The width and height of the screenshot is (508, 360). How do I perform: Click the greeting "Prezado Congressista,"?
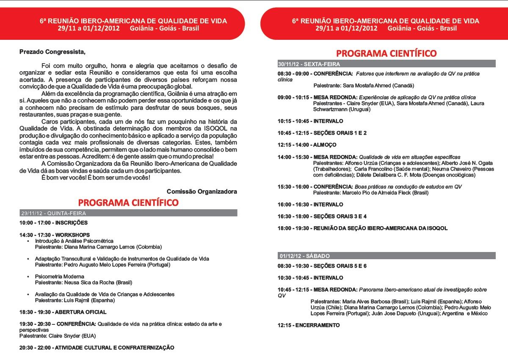pos(52,52)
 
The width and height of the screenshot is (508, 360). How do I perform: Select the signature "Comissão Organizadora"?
pos(202,191)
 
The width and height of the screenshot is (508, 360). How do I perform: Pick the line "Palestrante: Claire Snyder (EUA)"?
pos(58,336)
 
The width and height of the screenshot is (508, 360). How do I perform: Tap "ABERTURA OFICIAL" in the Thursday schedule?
pos(81,312)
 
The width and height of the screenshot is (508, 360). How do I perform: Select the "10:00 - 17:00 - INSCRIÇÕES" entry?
pos(53,223)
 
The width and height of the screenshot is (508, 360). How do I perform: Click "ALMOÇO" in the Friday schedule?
pos(325,144)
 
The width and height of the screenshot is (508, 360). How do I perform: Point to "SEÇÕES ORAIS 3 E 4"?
pos(340,216)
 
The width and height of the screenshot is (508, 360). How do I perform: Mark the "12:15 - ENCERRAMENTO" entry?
pos(309,325)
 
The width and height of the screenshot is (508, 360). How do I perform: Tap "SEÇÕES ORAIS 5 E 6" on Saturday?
pos(340,266)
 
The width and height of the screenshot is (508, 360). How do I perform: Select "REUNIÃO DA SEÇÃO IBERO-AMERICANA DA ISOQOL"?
pos(381,228)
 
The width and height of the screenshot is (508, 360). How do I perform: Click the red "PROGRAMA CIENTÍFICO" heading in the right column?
pos(386,53)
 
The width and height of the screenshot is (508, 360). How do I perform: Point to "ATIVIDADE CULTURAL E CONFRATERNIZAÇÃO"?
pos(115,347)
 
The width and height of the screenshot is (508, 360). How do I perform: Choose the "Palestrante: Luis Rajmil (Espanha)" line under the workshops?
pos(75,300)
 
